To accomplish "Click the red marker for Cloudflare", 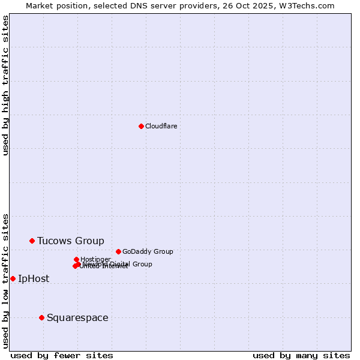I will tap(141, 126).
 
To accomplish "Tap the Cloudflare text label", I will tap(161, 126).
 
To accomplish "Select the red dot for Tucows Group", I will tap(32, 241).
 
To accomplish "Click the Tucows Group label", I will tap(70, 241).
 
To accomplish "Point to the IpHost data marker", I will tap(13, 278).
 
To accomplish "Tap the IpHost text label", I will tap(34, 279).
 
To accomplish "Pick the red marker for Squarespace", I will tap(41, 317).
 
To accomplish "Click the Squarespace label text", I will tap(77, 318).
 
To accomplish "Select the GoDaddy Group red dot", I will tap(118, 251).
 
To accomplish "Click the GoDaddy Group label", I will tap(147, 251).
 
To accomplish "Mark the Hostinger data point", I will tap(76, 259).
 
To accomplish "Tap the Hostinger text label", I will tap(95, 259).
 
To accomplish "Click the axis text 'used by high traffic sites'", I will tap(6, 85).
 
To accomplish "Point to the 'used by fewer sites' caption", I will tap(62, 355).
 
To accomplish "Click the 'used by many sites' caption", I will tap(301, 355).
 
